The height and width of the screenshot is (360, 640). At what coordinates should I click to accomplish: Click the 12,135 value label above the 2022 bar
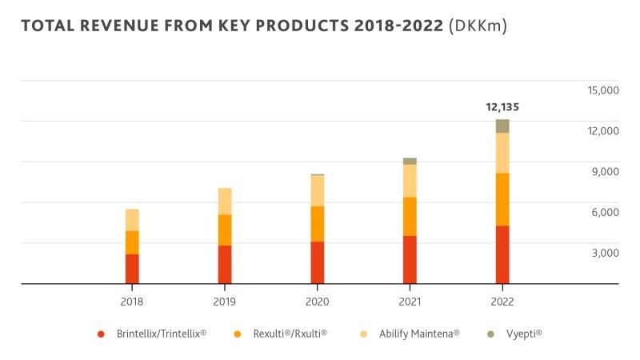pos(502,106)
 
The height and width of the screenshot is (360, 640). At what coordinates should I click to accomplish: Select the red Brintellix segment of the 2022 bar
pos(502,254)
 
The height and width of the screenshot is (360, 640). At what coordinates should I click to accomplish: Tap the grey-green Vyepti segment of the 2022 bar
pos(502,126)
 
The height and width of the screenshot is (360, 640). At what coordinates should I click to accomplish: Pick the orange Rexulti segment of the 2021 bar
pos(410,216)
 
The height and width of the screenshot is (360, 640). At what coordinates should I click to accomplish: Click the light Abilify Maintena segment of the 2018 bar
pos(132,220)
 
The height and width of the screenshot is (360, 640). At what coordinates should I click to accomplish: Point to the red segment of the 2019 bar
pos(225,264)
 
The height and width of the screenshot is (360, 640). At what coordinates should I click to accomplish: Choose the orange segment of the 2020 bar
pos(318,224)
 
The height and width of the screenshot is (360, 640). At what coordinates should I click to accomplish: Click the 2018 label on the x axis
pos(132,302)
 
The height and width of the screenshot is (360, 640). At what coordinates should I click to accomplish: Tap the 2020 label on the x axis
pos(318,302)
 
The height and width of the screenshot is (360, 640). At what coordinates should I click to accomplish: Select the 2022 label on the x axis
pos(502,302)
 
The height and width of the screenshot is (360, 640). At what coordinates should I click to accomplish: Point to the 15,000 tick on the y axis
pos(603,90)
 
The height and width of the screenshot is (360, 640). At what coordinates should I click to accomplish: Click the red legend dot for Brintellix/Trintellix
pos(101,333)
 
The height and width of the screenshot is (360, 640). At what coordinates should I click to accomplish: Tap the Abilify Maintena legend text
pos(419,333)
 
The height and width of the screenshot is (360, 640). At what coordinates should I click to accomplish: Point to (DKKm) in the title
pos(478,26)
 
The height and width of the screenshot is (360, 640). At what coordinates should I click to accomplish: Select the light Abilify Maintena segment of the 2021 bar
pos(410,181)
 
